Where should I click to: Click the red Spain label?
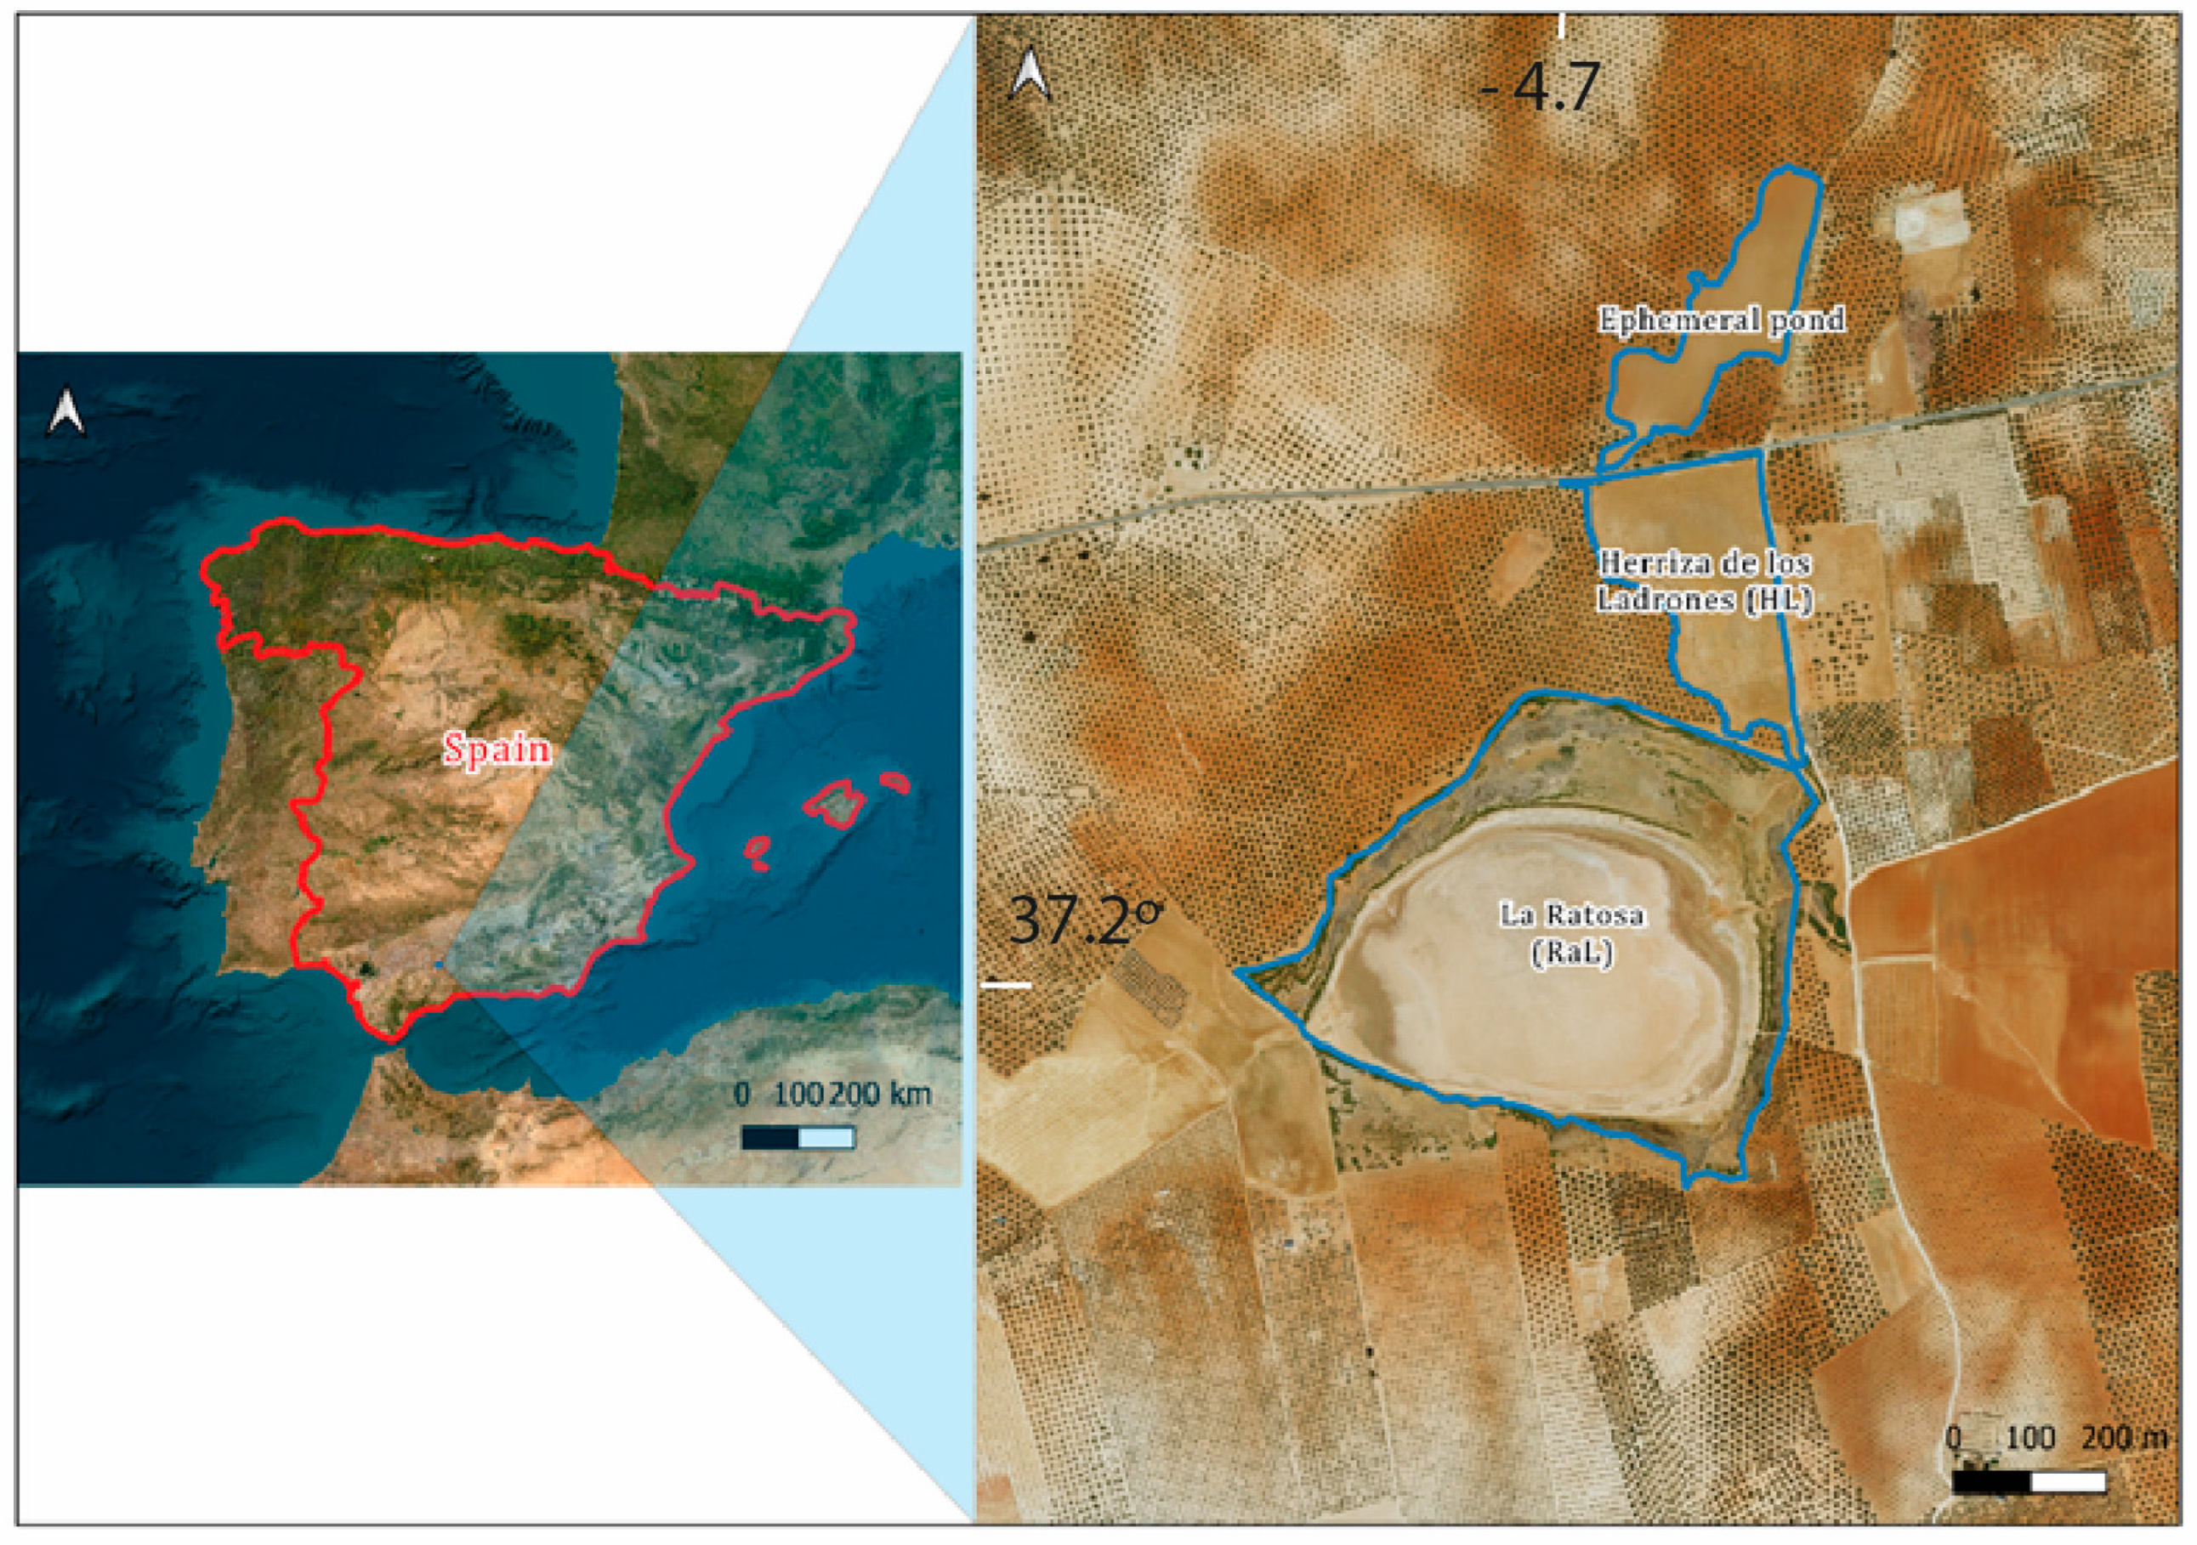click(x=497, y=749)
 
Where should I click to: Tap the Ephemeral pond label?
click(x=1722, y=320)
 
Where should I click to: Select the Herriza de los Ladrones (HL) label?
click(x=1704, y=581)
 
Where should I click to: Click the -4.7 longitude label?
click(x=1540, y=88)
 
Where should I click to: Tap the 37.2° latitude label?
click(x=1085, y=920)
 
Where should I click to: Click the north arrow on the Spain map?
click(x=67, y=411)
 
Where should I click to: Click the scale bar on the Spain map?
click(x=798, y=1137)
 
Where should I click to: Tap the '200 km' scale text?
click(x=880, y=1095)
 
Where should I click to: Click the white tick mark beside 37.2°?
click(x=1007, y=983)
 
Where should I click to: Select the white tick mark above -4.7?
click(x=1562, y=25)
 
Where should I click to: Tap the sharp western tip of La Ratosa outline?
click(x=1237, y=972)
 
